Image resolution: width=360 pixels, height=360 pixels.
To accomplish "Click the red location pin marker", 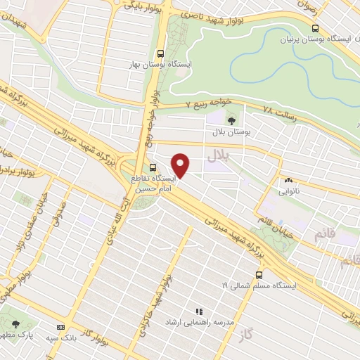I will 181,165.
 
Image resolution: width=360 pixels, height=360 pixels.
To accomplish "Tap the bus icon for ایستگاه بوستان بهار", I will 161,53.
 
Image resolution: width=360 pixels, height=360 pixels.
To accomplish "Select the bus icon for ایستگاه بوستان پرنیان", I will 314,28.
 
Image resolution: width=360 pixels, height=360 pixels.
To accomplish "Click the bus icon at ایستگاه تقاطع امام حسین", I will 153,167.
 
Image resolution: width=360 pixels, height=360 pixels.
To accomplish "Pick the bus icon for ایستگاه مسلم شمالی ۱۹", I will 259,275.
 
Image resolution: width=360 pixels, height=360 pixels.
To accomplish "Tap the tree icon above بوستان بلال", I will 233,120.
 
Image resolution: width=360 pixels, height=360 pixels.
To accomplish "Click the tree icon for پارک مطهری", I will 15,324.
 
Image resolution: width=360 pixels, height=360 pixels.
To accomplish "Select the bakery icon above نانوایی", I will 288,181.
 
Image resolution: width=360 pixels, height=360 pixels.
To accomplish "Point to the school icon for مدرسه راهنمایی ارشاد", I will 199,311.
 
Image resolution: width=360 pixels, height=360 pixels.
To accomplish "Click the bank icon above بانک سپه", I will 60,327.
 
